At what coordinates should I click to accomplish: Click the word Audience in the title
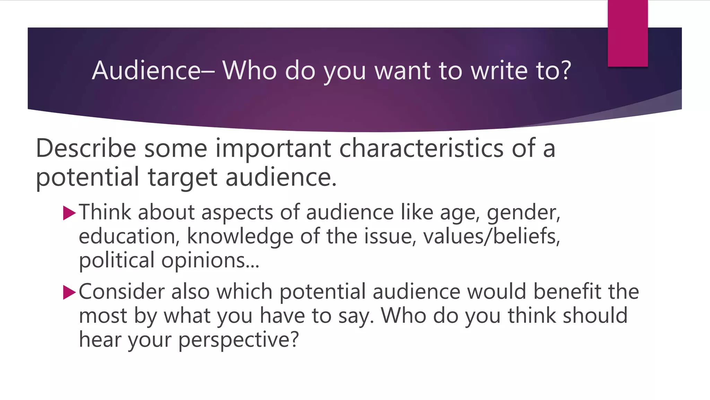pyautogui.click(x=146, y=70)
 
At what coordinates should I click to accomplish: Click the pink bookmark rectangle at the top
pyautogui.click(x=627, y=33)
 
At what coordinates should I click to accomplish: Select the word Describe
pyautogui.click(x=86, y=148)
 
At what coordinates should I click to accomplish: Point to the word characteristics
pyautogui.click(x=421, y=148)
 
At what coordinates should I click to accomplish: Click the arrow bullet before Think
pyautogui.click(x=69, y=213)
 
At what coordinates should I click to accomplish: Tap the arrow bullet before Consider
pyautogui.click(x=69, y=292)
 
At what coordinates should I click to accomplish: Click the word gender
pyautogui.click(x=523, y=213)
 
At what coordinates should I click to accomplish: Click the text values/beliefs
pyautogui.click(x=491, y=236)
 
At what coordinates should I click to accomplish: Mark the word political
pyautogui.click(x=116, y=260)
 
